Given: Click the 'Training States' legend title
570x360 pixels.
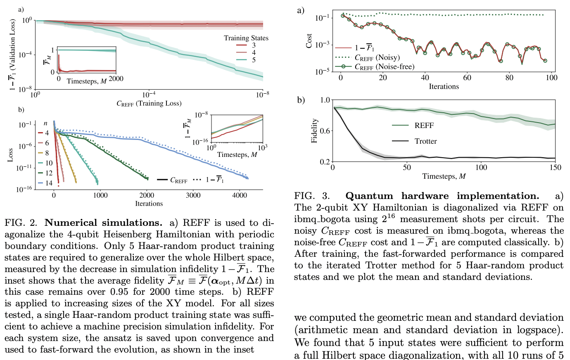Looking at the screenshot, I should point(246,38).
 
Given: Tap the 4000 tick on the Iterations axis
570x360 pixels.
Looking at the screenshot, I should point(240,196).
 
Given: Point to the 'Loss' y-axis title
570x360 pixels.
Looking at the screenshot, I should point(11,155).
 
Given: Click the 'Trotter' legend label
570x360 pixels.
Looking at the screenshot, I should point(425,141).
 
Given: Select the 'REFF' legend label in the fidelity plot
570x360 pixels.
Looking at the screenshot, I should point(424,126).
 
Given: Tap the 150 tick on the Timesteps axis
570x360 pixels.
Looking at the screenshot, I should point(555,168).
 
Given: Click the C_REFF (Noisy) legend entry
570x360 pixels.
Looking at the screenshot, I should point(377,57).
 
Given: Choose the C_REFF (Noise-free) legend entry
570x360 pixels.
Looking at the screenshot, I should point(384,66).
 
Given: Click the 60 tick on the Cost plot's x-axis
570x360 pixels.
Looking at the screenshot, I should point(467,78).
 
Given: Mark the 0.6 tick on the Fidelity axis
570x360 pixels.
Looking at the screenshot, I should point(325,131).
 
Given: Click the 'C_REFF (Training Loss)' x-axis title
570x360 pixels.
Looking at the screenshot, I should point(149,103).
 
